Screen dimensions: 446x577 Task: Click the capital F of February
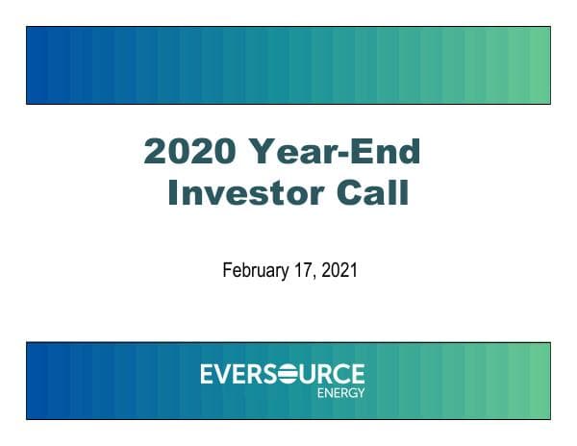(227, 271)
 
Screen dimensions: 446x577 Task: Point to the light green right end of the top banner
(539, 65)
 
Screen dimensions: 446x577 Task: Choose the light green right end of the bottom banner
(539, 380)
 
